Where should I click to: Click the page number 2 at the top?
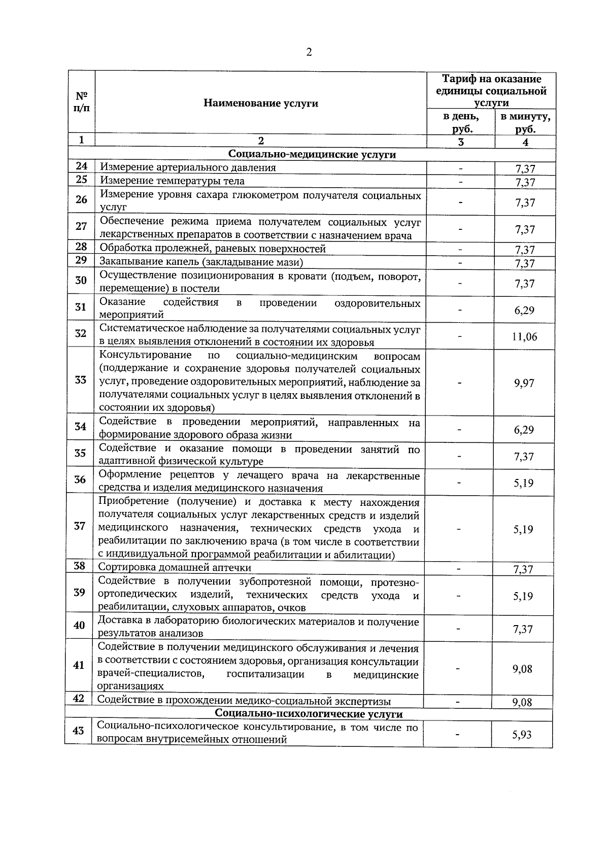309,52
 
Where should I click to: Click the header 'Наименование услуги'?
261,104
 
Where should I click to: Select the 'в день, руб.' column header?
461,122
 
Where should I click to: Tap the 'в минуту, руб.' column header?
525,122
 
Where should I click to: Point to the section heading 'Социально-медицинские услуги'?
312,154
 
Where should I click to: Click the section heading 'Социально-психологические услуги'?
309,714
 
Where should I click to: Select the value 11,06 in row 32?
524,336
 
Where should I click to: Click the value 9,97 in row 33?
524,383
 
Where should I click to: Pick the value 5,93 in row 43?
522,734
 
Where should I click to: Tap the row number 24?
81,166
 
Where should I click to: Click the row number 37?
80,526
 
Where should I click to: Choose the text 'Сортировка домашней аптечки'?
175,568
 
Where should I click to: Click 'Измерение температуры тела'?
172,181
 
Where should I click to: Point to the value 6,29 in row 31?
524,310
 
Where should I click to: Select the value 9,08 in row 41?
522,669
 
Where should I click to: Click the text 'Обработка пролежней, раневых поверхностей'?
213,249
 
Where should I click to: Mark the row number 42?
78,699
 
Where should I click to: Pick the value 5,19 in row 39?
523,596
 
